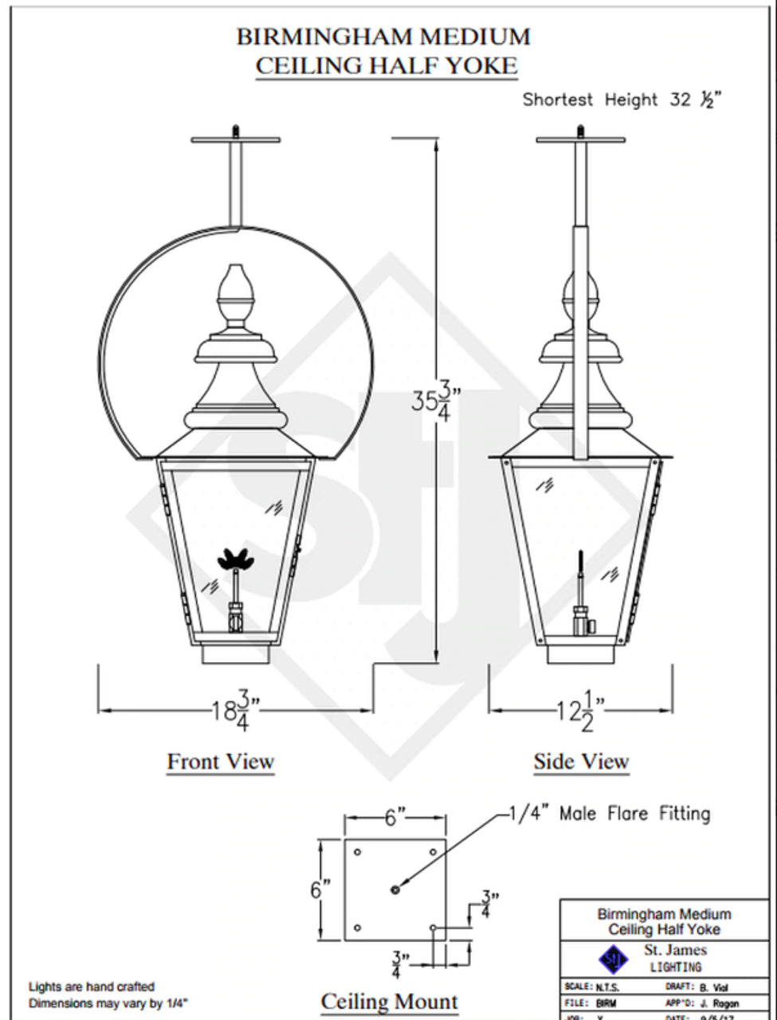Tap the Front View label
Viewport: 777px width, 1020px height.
220,762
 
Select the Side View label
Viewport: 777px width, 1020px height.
581,762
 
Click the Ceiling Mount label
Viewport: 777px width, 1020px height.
389,1002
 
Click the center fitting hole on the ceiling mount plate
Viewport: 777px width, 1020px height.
395,889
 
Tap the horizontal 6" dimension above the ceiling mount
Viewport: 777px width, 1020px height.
395,818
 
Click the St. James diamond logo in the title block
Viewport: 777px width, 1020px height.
613,958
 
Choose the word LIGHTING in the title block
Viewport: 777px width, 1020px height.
674,967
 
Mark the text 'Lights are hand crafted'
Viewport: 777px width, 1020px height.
92,987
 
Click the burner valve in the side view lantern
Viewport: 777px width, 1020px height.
581,618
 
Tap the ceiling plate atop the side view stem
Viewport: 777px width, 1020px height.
581,140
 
